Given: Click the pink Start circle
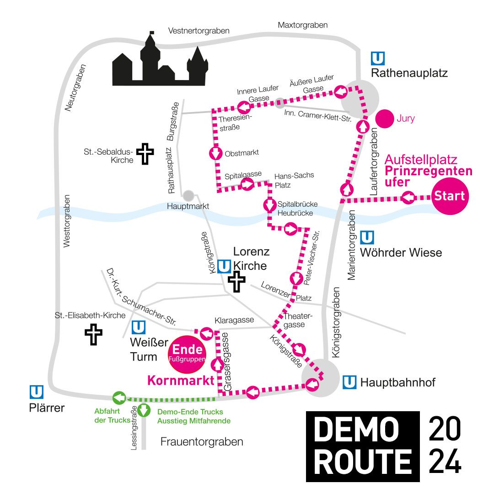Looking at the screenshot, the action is (x=450, y=196).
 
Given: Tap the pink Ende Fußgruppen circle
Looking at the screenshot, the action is (x=187, y=354).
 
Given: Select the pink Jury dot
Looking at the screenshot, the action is (x=385, y=119).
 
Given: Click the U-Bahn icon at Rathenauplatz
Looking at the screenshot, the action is (x=378, y=59).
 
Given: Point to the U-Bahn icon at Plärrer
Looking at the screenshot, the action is (x=37, y=392).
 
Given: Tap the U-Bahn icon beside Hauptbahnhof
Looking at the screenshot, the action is (x=349, y=382).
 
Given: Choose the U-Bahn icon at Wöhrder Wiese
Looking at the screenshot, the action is (x=367, y=237).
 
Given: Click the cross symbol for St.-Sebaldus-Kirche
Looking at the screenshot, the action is (x=145, y=154).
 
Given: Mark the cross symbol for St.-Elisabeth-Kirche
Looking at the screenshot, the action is (x=94, y=334).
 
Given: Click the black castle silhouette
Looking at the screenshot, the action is (x=160, y=62).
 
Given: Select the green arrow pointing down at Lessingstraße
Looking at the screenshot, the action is (x=144, y=410).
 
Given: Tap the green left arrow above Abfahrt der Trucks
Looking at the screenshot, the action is (x=119, y=398).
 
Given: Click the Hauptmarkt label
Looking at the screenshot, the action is (x=188, y=206).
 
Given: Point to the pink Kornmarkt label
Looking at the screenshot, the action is (x=181, y=381).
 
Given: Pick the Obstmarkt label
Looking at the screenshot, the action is (x=242, y=153).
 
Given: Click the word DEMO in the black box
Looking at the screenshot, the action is (x=356, y=429).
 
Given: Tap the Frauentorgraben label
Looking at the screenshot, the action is (x=202, y=442).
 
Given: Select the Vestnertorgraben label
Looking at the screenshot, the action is (x=199, y=31).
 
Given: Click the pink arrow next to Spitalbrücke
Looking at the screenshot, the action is (x=270, y=205).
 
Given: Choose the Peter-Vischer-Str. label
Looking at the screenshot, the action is (x=311, y=258).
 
